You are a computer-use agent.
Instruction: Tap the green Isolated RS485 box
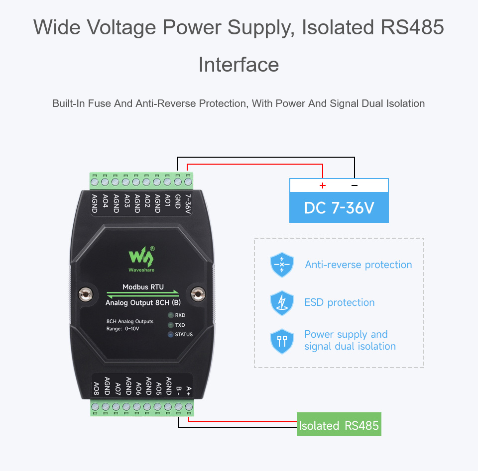click(339, 425)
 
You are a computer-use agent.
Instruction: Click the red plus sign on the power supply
click(323, 186)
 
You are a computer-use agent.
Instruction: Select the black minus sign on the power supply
click(355, 186)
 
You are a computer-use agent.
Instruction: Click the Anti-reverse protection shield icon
click(282, 265)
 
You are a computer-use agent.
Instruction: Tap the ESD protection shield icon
click(282, 302)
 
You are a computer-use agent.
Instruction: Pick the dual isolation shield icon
click(282, 341)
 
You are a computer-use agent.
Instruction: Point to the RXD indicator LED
click(170, 315)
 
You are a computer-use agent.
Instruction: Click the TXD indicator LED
click(170, 325)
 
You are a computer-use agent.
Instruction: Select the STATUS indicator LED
click(170, 335)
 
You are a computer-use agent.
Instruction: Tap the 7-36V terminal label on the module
click(188, 204)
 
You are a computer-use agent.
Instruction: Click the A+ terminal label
click(188, 391)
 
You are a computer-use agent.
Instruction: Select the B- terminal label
click(178, 391)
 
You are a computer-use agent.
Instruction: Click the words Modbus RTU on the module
click(143, 287)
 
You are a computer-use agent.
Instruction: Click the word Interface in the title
click(239, 65)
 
